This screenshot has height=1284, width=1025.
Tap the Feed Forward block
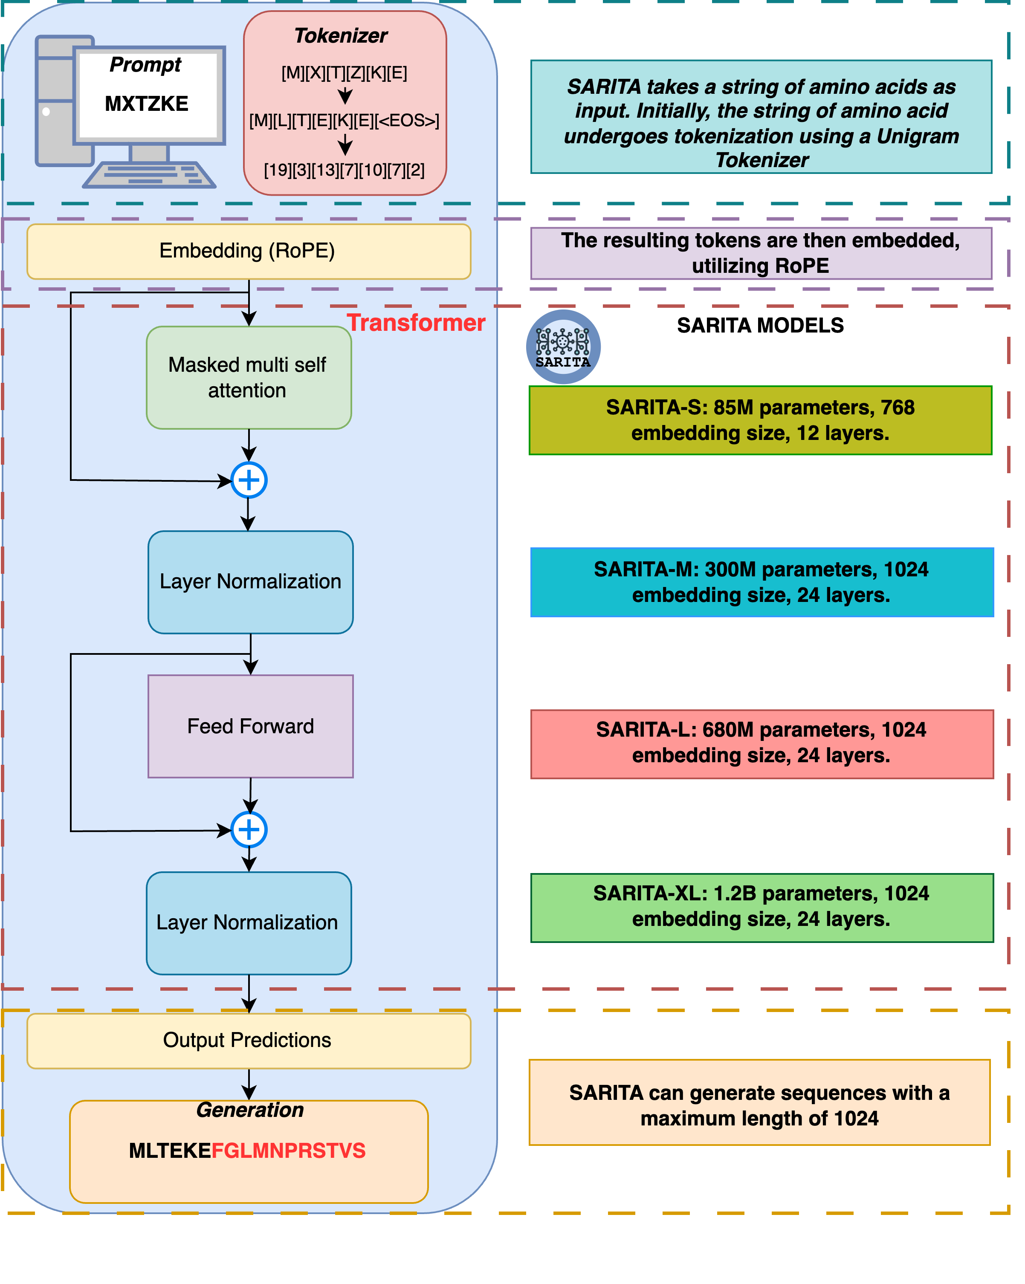(250, 726)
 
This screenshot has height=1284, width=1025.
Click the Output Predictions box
(248, 1040)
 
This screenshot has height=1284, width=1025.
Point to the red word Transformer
(416, 323)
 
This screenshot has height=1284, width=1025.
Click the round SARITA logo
(563, 347)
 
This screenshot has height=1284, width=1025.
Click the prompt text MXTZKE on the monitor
(147, 104)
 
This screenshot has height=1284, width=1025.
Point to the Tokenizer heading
(341, 36)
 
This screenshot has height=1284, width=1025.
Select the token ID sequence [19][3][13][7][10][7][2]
(344, 171)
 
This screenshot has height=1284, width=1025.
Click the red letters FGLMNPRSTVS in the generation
(288, 1151)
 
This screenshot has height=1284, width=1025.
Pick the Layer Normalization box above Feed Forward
(250, 582)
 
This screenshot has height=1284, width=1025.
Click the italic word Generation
(250, 1110)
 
